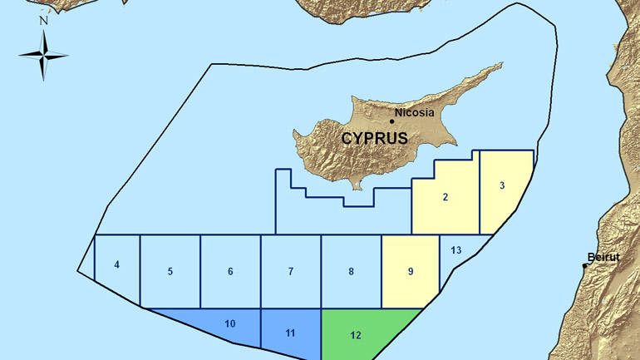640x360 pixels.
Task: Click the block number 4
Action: tap(117, 265)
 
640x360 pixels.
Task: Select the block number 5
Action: tap(170, 272)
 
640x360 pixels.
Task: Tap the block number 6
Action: tap(230, 272)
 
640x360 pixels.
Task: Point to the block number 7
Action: tap(291, 272)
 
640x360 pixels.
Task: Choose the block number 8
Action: tap(352, 272)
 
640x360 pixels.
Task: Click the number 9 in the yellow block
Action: tap(411, 272)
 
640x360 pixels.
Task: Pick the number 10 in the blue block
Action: tap(230, 323)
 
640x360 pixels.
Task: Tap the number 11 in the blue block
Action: tap(290, 333)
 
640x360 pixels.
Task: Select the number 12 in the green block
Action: tap(356, 336)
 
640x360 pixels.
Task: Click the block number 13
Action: tap(456, 250)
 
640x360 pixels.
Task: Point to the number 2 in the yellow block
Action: tap(446, 197)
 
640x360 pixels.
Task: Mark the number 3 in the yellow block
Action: tap(502, 185)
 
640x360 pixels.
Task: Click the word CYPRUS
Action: tap(374, 138)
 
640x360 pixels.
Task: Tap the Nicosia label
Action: tap(415, 112)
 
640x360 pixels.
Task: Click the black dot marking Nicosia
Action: tap(392, 121)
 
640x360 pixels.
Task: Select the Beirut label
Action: tap(603, 258)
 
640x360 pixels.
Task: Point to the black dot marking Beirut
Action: tap(585, 266)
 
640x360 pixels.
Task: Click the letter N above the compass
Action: tap(43, 21)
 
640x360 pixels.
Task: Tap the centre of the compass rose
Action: tap(43, 55)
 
